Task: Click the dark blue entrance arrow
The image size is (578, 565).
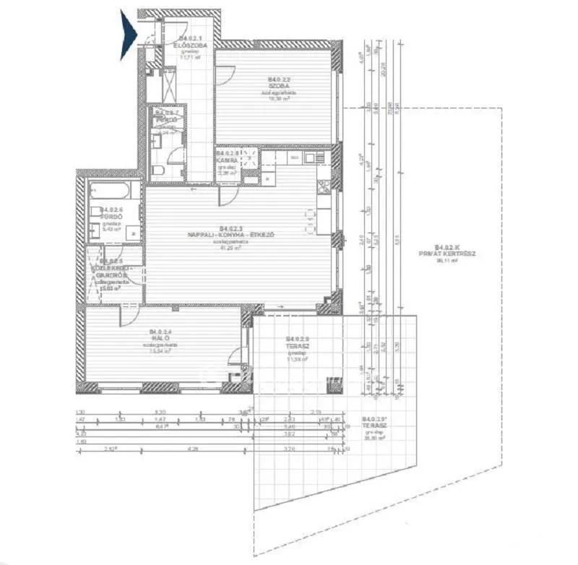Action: [129, 35]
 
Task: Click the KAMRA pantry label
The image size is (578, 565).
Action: [226, 160]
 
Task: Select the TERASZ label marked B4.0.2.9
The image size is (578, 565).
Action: [297, 345]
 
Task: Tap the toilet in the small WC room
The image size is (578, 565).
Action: [157, 170]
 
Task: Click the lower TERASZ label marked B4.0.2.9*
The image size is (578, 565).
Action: [376, 426]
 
